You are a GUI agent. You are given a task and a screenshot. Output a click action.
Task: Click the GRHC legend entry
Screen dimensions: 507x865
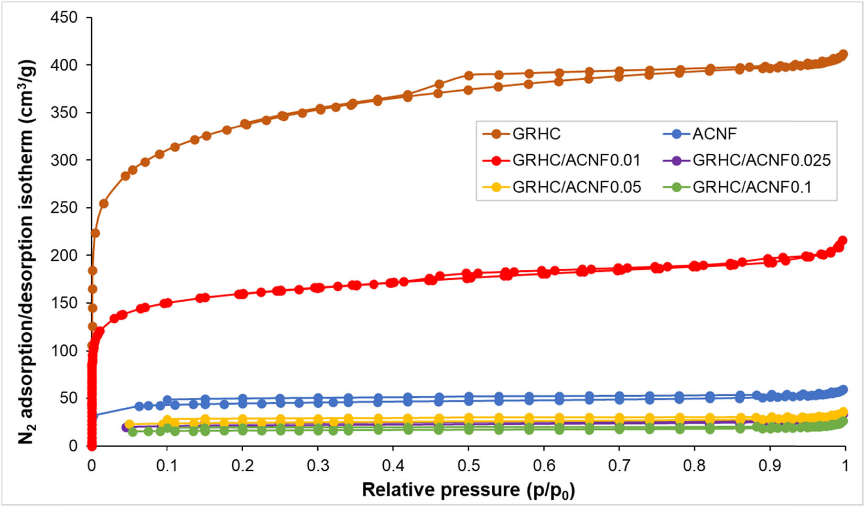click(536, 134)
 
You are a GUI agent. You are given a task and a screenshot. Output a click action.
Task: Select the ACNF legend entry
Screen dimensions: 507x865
click(714, 134)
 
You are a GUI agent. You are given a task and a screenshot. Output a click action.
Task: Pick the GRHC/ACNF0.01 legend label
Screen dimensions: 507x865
click(576, 160)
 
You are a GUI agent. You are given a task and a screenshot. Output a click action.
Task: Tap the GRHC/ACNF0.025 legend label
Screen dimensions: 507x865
click(761, 160)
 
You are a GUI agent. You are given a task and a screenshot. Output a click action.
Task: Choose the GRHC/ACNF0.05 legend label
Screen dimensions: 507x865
click(576, 187)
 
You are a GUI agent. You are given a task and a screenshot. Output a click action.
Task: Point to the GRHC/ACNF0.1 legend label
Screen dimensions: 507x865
click(752, 187)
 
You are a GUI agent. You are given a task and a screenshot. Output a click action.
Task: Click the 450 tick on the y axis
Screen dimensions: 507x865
click(64, 17)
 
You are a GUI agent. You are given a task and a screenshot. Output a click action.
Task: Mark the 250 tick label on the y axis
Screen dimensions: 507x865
click(64, 208)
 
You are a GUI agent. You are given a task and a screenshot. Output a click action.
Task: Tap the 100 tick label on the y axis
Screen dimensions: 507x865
click(64, 351)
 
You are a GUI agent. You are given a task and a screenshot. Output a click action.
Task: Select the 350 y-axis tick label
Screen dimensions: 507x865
click(64, 113)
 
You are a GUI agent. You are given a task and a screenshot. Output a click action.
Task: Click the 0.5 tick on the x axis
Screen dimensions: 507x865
click(469, 466)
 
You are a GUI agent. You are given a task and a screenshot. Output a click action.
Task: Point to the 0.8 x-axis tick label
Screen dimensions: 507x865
click(695, 466)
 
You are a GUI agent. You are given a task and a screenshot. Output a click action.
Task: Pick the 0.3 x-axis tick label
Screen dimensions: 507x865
click(318, 466)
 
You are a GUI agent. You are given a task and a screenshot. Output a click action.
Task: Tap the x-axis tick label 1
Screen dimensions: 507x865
click(845, 466)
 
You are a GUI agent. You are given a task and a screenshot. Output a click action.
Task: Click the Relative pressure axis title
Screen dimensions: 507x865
click(468, 490)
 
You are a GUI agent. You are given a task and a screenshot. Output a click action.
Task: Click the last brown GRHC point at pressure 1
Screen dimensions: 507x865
click(844, 54)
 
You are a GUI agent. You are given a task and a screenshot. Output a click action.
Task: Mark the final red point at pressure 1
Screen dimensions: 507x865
click(843, 240)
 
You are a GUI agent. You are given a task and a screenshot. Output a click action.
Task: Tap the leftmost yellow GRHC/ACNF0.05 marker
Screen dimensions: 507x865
click(129, 424)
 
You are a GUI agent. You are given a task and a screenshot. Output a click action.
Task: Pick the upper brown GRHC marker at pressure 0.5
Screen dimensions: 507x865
click(469, 76)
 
